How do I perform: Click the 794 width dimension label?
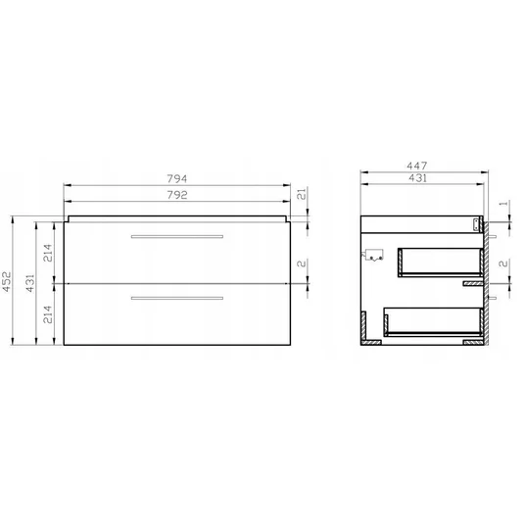pos(176,179)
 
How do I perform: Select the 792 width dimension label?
pos(176,195)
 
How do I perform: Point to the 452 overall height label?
pos(7,281)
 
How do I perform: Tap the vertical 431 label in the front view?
pos(30,283)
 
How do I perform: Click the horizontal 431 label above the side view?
pos(417,178)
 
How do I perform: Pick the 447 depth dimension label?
pos(417,166)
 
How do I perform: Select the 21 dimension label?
pos(302,194)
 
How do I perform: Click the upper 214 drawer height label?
pos(48,253)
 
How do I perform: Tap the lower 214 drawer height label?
pos(48,314)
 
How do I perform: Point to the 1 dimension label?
pos(503,203)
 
